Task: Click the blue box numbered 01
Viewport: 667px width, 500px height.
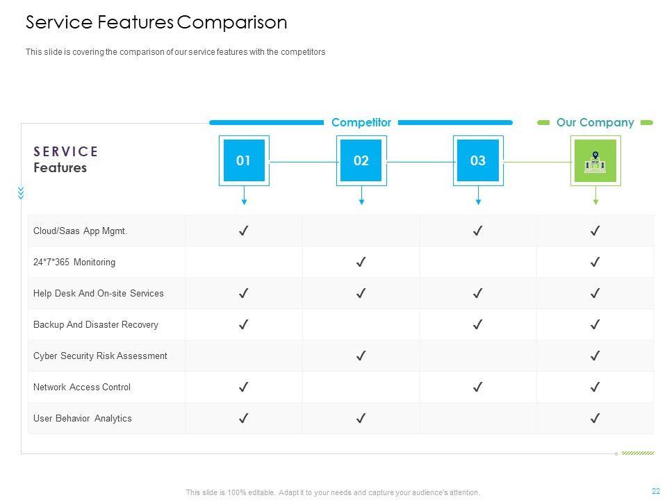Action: [x=244, y=160]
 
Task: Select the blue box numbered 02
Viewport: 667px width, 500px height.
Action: [x=361, y=160]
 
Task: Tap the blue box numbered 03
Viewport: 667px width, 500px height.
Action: [x=478, y=160]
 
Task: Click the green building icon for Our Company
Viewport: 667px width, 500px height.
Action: [x=595, y=161]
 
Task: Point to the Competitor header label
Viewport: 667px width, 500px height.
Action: [x=361, y=122]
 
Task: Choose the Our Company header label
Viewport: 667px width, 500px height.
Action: [x=595, y=122]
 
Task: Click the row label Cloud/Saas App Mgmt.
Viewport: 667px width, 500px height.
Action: [x=81, y=231]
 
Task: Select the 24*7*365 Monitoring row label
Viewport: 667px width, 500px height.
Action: [x=74, y=262]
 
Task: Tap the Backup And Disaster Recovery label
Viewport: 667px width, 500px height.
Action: [x=96, y=325]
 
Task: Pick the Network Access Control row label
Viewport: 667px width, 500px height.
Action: [x=82, y=387]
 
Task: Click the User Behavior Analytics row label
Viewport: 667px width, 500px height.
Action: [x=83, y=419]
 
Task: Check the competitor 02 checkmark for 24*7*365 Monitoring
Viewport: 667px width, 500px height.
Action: [x=361, y=262]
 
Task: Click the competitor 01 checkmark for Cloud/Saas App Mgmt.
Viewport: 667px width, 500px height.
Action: [x=244, y=231]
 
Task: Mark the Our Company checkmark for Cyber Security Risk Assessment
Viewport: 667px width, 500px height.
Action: [x=595, y=356]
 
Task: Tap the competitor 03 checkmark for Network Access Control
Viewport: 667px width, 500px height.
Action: [x=478, y=387]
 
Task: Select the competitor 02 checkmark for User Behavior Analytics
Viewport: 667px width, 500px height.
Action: [x=361, y=419]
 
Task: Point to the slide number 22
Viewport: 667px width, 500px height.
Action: [x=656, y=491]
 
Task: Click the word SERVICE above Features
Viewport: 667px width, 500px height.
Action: [x=66, y=151]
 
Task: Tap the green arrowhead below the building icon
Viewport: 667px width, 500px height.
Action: [x=595, y=202]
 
